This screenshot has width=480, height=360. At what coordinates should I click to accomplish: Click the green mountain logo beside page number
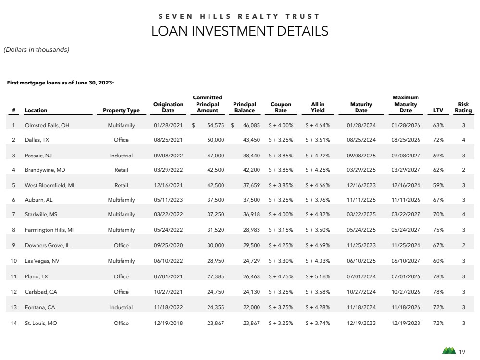tap(449, 350)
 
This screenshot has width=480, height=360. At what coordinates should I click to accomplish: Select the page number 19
tap(462, 352)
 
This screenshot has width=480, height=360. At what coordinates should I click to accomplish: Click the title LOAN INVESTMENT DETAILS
tap(240, 31)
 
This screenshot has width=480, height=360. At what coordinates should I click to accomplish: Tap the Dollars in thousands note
tap(37, 49)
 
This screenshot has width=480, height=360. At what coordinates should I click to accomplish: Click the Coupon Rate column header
tap(281, 107)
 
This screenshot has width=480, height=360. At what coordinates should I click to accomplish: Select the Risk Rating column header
tap(463, 107)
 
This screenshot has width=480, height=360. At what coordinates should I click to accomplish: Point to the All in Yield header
tap(318, 107)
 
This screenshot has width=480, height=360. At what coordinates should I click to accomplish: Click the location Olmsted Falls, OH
tap(47, 125)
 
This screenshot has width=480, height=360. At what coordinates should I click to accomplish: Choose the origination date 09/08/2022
tap(168, 156)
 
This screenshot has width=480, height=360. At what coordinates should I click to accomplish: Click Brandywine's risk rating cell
tap(463, 169)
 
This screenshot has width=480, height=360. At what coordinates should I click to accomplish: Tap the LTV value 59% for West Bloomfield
tap(438, 185)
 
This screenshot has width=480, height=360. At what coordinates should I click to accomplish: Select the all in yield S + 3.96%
tap(318, 200)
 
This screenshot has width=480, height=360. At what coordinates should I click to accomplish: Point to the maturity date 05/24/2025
tap(360, 230)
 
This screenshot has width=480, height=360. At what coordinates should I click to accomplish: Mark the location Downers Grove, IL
tap(47, 245)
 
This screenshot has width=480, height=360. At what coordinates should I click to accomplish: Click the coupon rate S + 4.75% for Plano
tap(281, 276)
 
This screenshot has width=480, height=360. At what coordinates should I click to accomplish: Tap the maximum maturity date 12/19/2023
tap(406, 323)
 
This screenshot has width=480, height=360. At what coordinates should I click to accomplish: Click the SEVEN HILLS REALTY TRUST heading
tap(240, 16)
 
